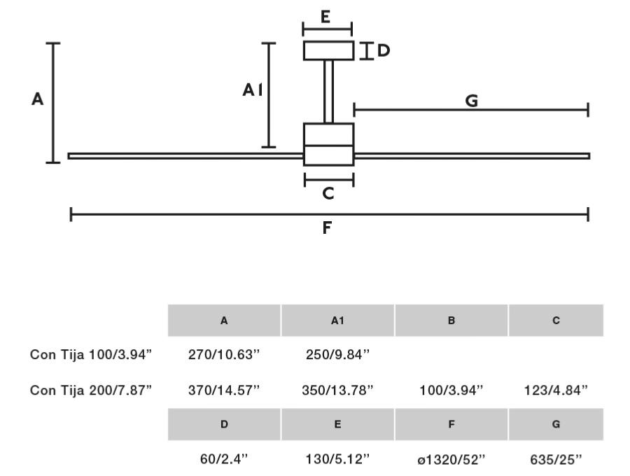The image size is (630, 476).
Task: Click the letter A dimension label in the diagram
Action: [37, 100]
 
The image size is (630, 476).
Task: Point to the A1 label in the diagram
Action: [253, 90]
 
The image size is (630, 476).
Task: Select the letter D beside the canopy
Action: [383, 50]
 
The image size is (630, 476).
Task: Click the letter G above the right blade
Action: [471, 101]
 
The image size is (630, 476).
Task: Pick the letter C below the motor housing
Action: [328, 194]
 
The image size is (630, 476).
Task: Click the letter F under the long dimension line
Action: [327, 227]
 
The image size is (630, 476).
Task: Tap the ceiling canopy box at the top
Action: [328, 51]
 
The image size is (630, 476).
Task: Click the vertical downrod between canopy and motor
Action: [328, 92]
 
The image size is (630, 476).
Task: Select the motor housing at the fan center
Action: [328, 144]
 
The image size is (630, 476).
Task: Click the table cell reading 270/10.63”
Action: [224, 355]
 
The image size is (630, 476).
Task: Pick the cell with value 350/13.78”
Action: [337, 390]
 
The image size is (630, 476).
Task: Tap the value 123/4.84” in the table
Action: [556, 390]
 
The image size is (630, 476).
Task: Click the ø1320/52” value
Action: [451, 459]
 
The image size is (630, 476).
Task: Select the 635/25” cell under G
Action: [556, 459]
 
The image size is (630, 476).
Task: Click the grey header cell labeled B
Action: [451, 321]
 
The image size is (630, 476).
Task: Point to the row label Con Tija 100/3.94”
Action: [91, 355]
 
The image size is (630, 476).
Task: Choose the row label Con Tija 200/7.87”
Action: [91, 390]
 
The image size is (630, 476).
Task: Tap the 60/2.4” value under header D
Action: [224, 459]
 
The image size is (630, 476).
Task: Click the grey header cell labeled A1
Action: [337, 321]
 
